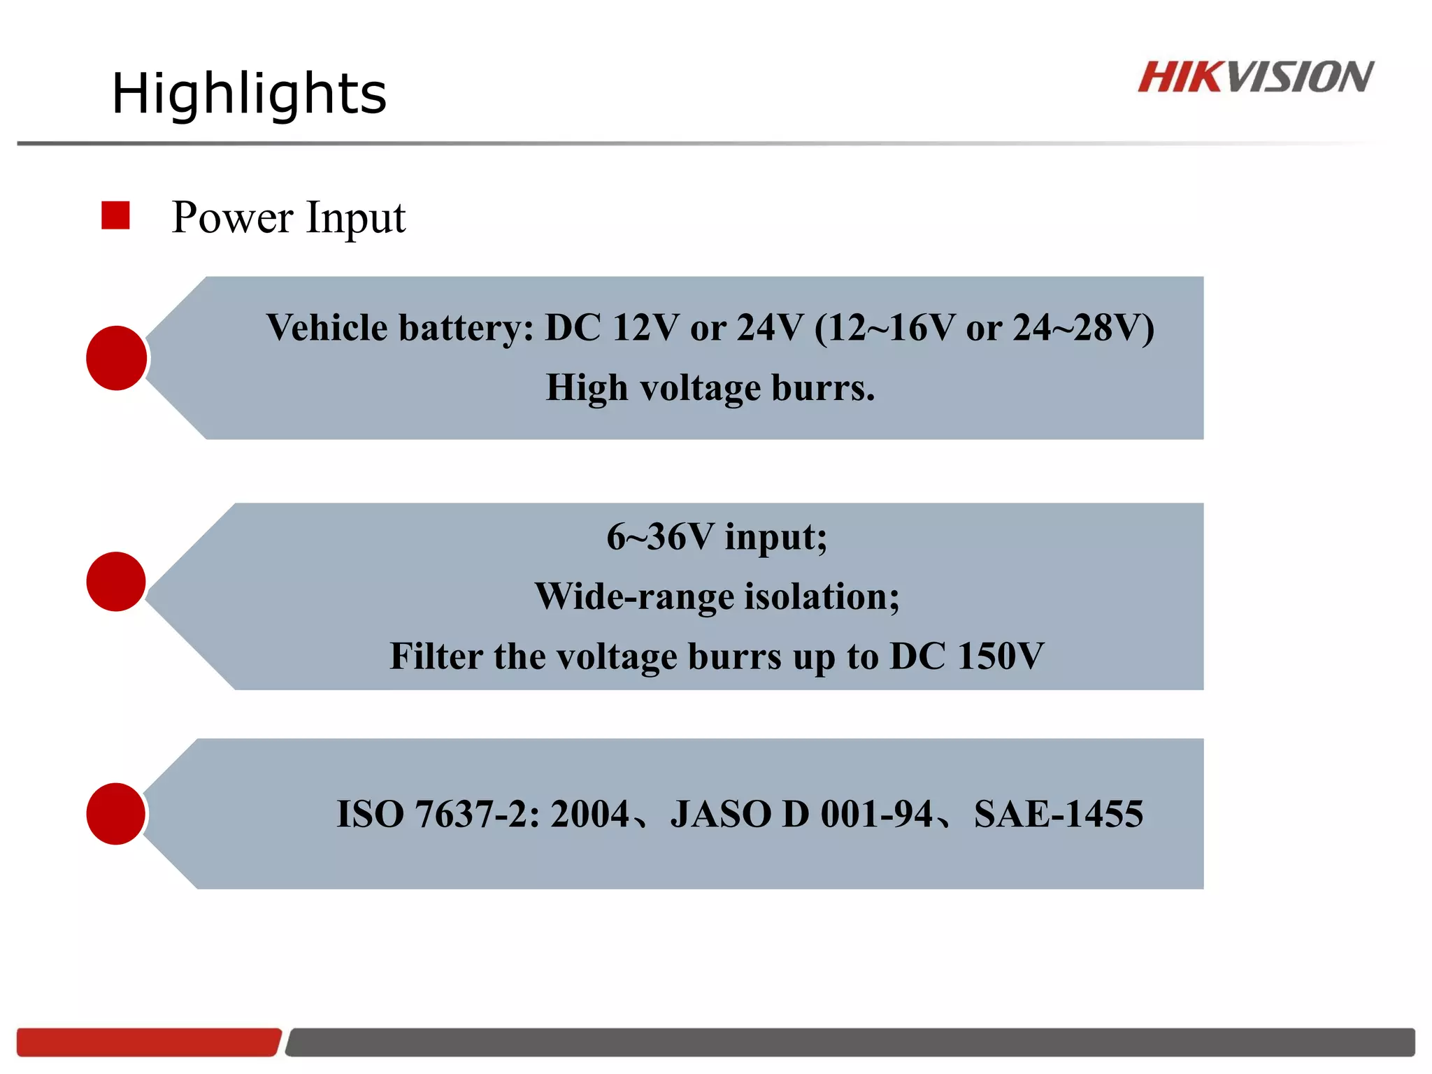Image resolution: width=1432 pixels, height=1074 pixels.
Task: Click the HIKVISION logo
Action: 1255,77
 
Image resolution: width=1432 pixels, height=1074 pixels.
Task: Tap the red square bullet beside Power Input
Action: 115,215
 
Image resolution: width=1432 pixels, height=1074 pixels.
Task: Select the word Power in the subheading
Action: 232,217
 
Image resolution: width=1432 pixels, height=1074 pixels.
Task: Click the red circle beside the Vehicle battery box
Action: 117,358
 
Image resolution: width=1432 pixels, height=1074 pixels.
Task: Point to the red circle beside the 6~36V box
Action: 116,582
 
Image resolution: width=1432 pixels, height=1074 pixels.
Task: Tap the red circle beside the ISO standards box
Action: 116,814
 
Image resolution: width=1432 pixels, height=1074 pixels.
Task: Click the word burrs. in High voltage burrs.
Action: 822,387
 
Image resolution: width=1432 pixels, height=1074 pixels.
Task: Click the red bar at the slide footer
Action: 148,1042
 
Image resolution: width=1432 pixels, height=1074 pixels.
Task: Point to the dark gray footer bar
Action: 850,1042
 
